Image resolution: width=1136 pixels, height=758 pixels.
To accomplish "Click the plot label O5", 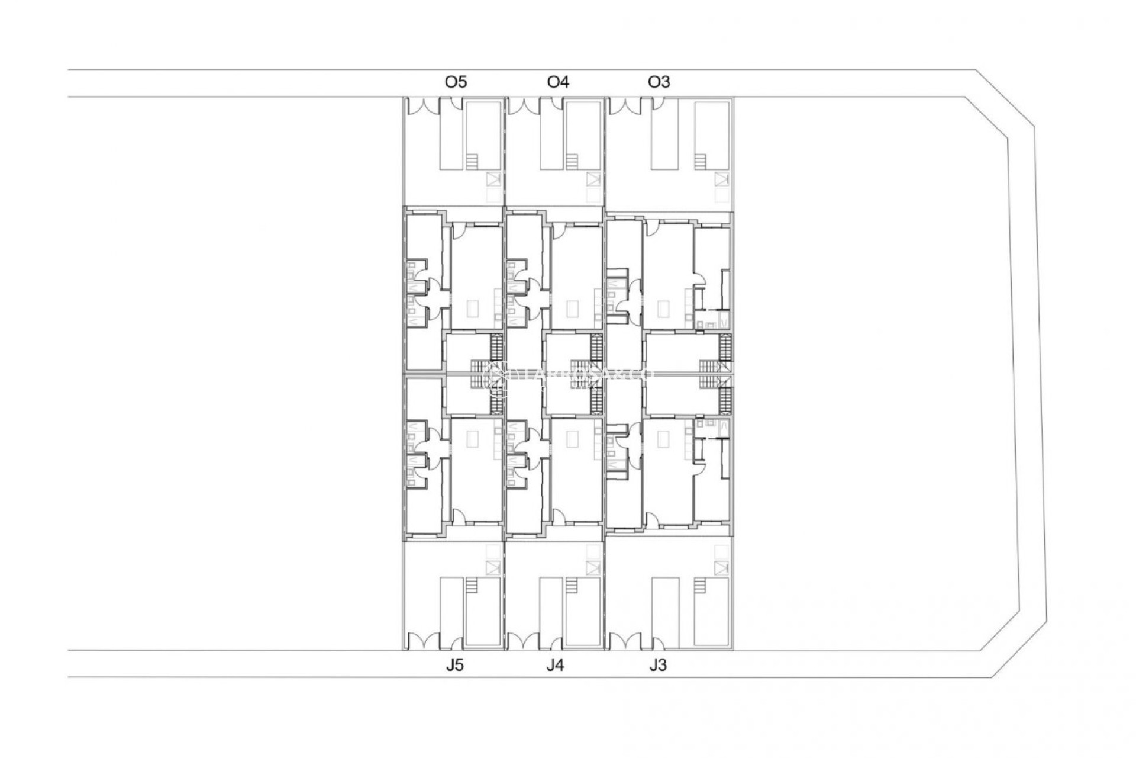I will tap(456, 82).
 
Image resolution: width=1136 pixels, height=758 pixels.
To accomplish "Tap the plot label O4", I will tap(558, 82).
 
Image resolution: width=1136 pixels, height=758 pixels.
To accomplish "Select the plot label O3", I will tap(659, 82).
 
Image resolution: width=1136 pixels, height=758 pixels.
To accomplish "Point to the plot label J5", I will tap(454, 665).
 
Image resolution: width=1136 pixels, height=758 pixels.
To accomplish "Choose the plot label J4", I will tap(555, 665).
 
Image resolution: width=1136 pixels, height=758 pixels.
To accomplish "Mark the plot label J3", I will tap(658, 665).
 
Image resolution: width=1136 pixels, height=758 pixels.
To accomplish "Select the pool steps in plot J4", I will tap(572, 586).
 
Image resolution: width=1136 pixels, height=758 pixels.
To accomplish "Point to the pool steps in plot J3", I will tap(701, 586).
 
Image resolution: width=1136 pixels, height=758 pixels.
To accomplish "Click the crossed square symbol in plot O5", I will tap(493, 179).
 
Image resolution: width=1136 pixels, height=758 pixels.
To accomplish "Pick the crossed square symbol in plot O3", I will tap(721, 179).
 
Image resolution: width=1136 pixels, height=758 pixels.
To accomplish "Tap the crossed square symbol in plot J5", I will tap(493, 567).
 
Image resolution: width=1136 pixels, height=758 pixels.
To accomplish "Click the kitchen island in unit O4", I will tap(573, 309).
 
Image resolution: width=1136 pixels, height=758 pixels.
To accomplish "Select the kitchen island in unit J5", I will tap(473, 439).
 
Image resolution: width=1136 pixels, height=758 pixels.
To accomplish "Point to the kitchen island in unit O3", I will tap(665, 309).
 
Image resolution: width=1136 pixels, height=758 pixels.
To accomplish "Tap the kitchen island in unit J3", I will tap(665, 439).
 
